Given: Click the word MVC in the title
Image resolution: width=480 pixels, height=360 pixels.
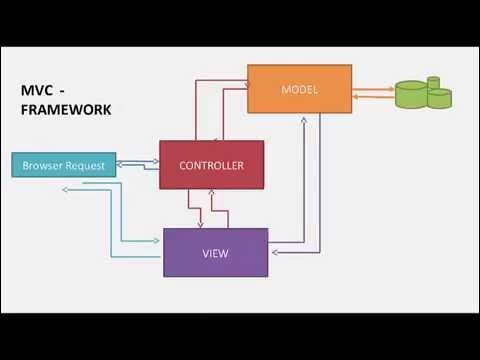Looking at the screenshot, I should pos(37,89).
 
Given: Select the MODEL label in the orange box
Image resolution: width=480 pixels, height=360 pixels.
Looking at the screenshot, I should pos(299,90).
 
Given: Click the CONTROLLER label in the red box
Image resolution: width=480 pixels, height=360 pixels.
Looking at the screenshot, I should pos(211,164).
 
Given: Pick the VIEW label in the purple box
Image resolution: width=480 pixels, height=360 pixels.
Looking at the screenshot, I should pos(215,253).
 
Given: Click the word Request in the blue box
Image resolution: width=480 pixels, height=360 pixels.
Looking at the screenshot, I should pos(86,165).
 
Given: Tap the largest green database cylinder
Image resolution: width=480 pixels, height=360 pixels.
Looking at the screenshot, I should pos(411,96).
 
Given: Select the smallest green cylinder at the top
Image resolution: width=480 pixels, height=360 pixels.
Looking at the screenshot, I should pos(434,82).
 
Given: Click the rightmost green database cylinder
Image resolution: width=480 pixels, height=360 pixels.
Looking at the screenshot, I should pos(440,97).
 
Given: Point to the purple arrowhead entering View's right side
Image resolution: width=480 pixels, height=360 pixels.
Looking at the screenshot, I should pos(273,253).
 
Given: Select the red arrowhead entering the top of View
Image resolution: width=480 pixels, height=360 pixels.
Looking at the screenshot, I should pos(201,224).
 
